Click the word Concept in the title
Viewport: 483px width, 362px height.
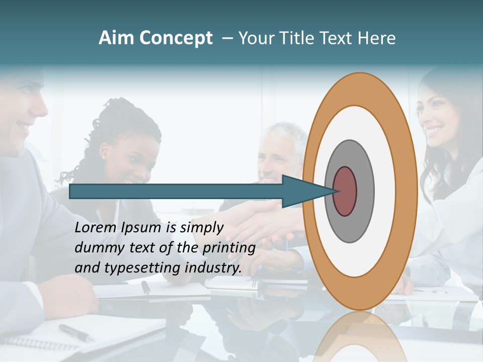[176, 39]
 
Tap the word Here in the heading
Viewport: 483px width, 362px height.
[377, 38]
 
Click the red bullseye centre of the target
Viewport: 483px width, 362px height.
[345, 192]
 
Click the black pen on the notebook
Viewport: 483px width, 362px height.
[75, 332]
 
